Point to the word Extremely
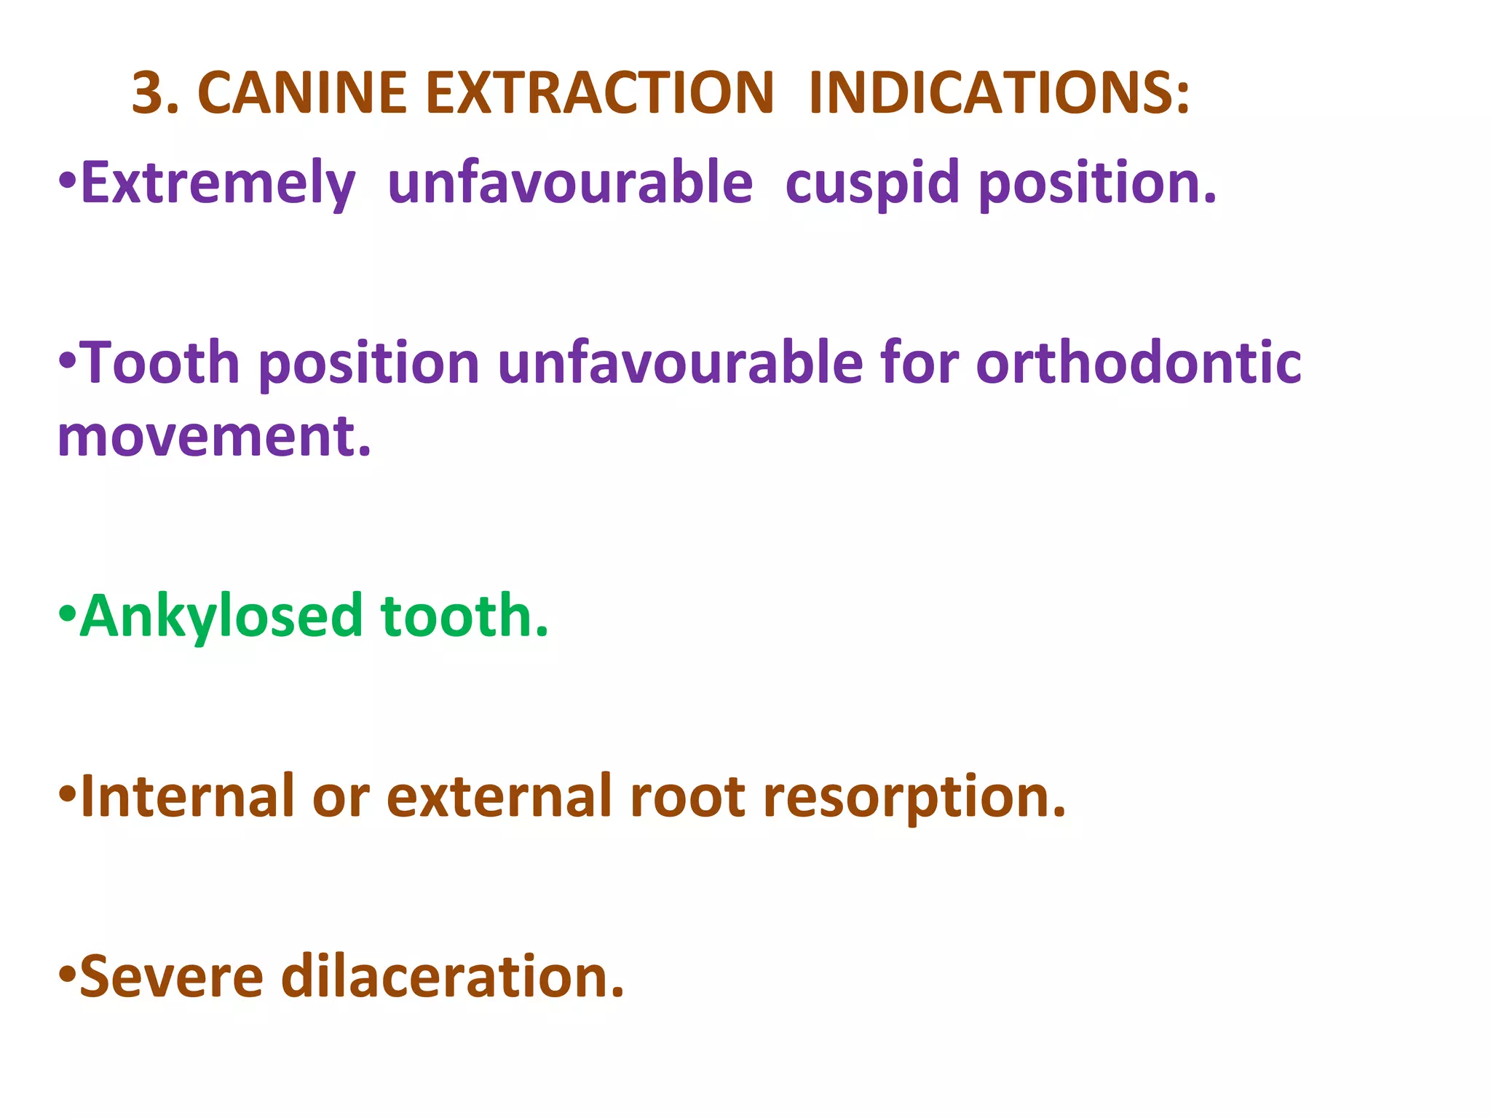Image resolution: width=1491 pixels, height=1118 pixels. (x=218, y=183)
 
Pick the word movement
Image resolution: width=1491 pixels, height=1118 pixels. (x=214, y=437)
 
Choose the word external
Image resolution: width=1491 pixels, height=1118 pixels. (x=499, y=796)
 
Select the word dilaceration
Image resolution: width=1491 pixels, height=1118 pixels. (x=452, y=977)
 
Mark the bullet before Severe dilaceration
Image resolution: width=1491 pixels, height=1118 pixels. (x=67, y=974)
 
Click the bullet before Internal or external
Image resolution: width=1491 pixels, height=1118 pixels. (x=67, y=793)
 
